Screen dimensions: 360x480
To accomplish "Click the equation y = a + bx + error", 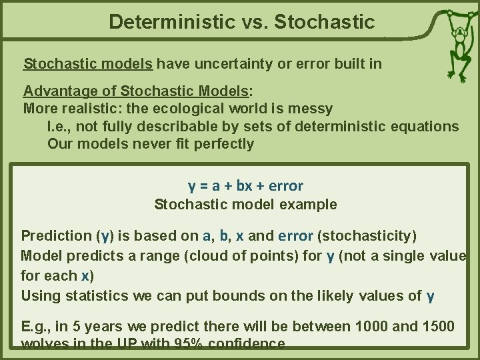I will coord(246,185).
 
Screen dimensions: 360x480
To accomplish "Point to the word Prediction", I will coord(56,235).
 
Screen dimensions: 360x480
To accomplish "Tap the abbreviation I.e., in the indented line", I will coord(63,126).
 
